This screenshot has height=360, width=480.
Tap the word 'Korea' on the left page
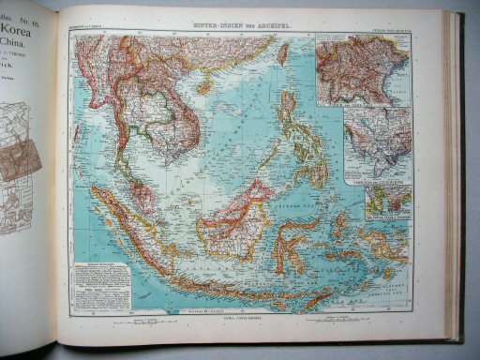tap(21, 28)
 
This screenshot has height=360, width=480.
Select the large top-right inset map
tap(361, 69)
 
